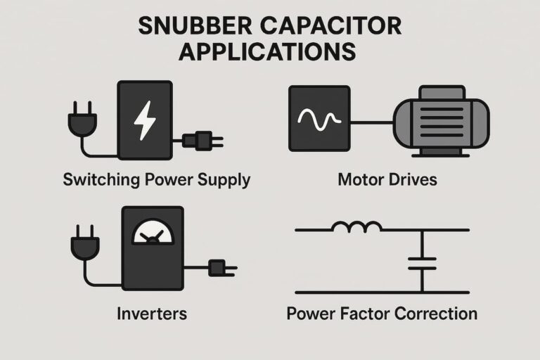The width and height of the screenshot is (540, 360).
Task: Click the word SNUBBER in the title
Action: tap(195, 27)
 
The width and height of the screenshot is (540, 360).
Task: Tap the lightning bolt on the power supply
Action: tap(144, 120)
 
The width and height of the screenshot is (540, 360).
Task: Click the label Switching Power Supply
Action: tap(156, 179)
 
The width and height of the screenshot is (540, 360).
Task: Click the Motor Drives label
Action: tap(387, 179)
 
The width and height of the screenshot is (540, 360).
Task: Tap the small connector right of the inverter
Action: tap(217, 267)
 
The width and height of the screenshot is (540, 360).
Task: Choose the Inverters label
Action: tap(153, 313)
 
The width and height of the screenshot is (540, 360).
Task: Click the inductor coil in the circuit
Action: tap(357, 227)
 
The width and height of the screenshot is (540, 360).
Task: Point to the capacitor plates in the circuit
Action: tap(422, 263)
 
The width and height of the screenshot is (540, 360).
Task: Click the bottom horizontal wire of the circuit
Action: tap(380, 291)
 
